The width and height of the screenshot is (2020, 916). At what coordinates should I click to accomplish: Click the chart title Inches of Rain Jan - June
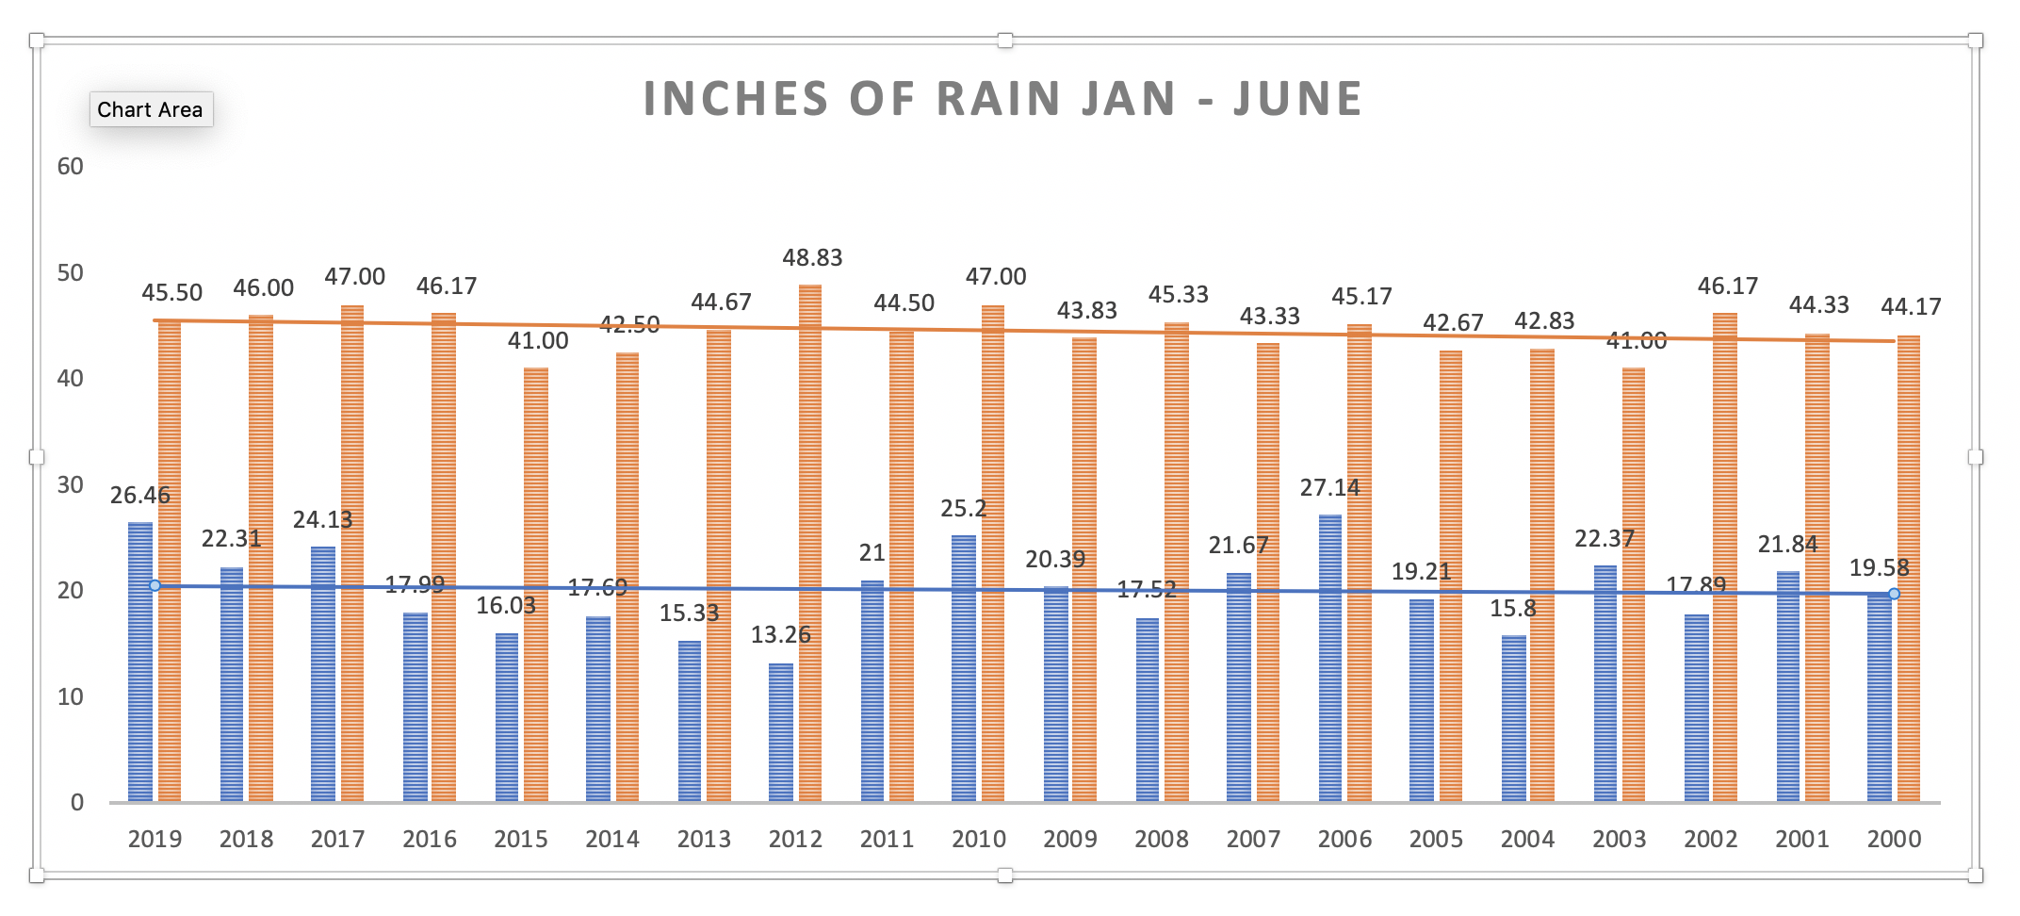[1002, 99]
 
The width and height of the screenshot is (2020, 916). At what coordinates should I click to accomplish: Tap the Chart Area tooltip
[150, 109]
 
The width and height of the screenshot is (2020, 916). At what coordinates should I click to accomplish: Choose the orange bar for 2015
[536, 584]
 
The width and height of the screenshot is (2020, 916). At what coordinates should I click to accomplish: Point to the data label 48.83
[812, 257]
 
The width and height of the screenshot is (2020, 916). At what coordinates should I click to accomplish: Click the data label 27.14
[1329, 487]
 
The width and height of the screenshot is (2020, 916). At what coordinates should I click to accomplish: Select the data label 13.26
[780, 634]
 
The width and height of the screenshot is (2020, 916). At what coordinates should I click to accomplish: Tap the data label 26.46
[140, 495]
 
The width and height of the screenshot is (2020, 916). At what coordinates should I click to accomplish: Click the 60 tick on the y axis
[71, 167]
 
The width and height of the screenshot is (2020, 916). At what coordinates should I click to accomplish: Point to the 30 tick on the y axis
[71, 484]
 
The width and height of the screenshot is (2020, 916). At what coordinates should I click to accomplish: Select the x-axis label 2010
[979, 839]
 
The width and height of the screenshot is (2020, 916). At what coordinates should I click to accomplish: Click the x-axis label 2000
[1894, 839]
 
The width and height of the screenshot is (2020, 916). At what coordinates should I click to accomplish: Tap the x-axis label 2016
[430, 839]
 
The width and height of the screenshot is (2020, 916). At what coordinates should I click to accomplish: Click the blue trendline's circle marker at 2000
[1894, 594]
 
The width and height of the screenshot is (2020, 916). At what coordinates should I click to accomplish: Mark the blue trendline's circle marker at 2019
[155, 586]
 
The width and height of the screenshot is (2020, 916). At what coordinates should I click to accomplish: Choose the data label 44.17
[1911, 306]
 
